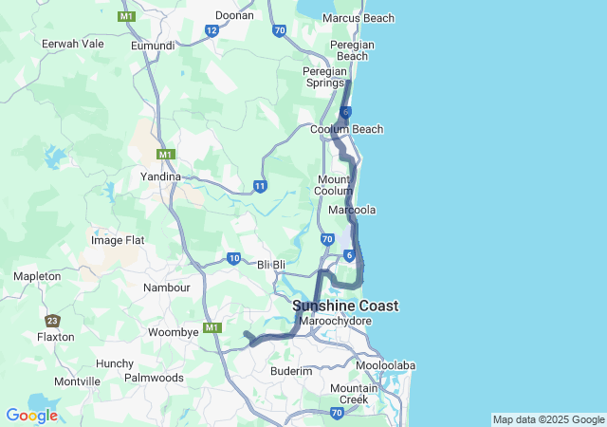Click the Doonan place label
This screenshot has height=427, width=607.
[x=234, y=15]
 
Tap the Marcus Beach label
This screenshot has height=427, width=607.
[x=359, y=18]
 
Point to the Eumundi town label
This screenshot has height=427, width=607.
[x=154, y=45]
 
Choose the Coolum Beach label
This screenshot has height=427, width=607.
[x=347, y=129]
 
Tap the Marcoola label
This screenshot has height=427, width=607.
[x=352, y=210]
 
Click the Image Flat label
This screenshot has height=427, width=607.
[x=118, y=240]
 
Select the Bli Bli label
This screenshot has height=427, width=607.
[x=271, y=264]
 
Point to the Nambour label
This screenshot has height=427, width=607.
[x=167, y=288]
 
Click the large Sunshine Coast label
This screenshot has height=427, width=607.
[x=345, y=306]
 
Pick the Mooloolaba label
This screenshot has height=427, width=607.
[x=385, y=365]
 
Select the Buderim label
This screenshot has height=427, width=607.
[x=291, y=371]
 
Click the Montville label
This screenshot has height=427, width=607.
[x=77, y=381]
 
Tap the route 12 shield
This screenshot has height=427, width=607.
[x=212, y=31]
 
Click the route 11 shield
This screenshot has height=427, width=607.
[x=260, y=186]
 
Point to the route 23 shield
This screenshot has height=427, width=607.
[x=52, y=321]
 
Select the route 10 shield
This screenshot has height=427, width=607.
[x=233, y=257]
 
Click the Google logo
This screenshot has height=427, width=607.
[x=31, y=415]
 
